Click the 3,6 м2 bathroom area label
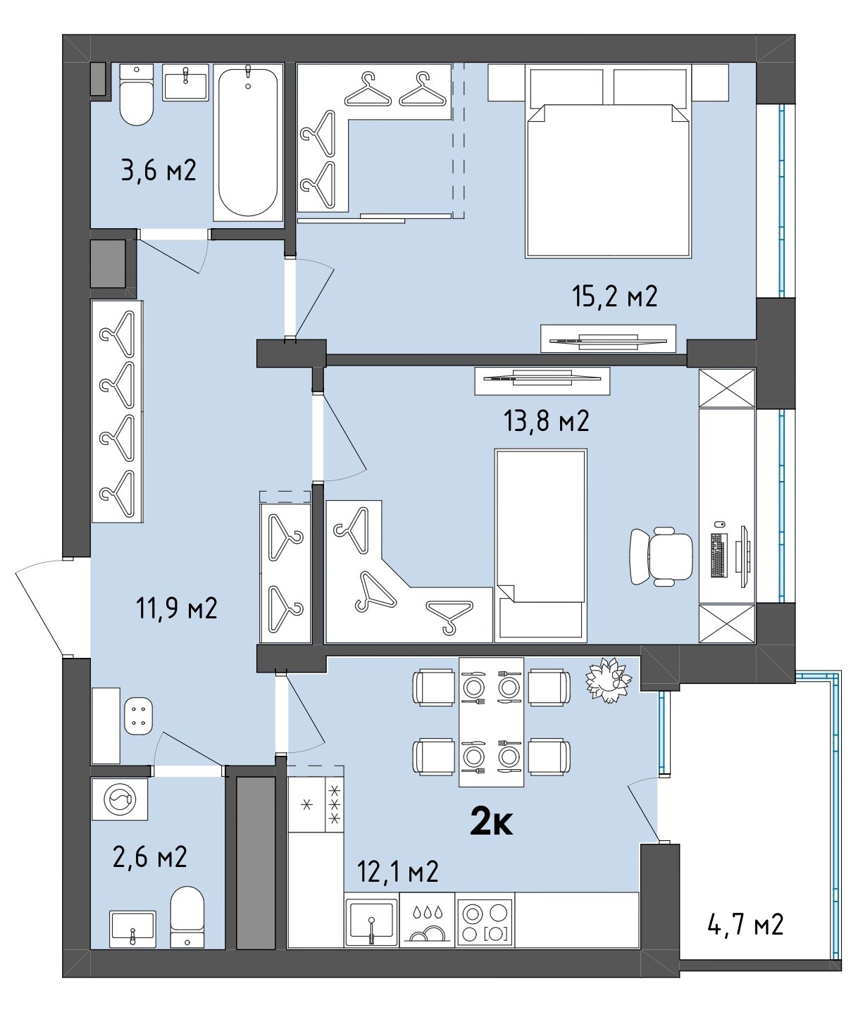point(158,170)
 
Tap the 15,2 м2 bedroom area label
point(614,297)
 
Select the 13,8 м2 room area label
point(546,421)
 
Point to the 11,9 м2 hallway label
point(176,608)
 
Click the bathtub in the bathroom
point(248,142)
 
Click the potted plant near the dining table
point(608,680)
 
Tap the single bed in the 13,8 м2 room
point(540,546)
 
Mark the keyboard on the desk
point(719,555)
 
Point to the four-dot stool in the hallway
point(139,716)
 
